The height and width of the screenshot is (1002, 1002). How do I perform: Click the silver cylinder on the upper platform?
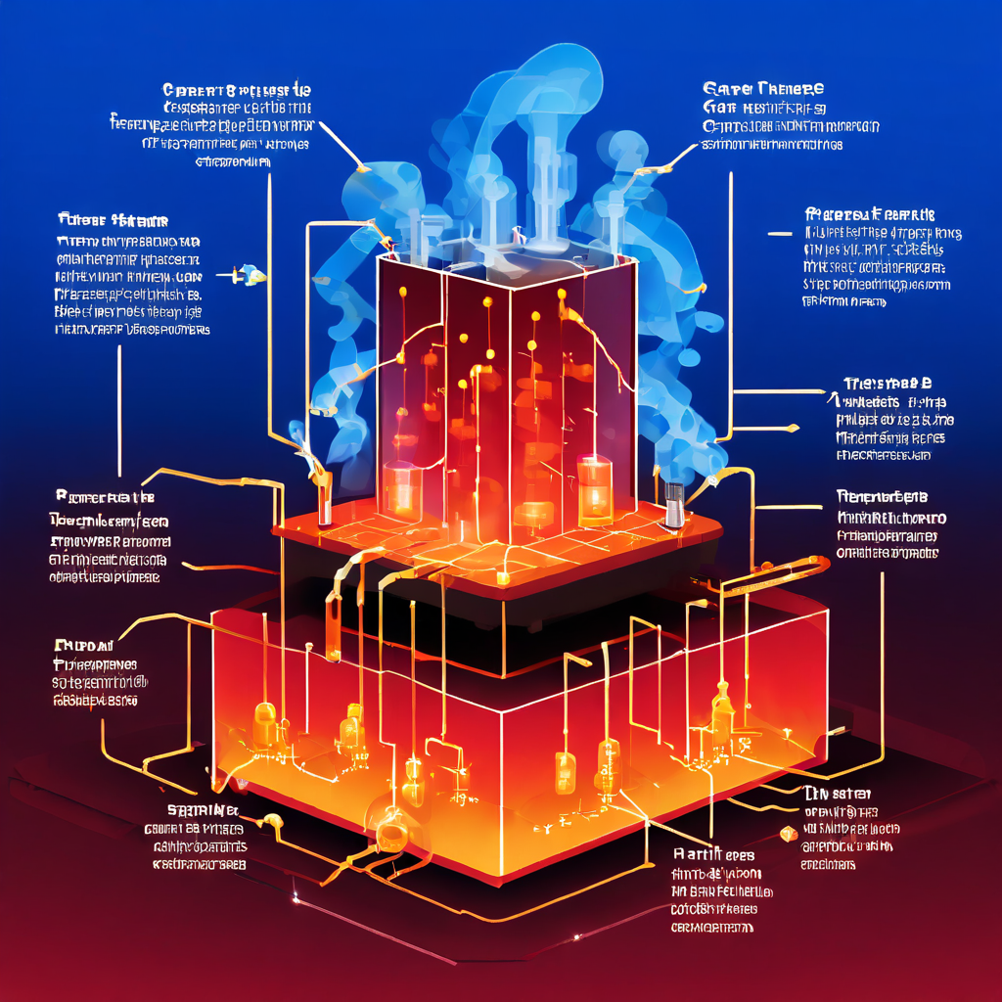tap(674, 501)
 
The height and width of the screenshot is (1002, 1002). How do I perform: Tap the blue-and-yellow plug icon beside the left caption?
tap(251, 275)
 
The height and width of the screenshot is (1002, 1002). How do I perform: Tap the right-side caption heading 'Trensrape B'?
tap(887, 383)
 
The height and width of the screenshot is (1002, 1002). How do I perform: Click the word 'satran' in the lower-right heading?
tap(847, 794)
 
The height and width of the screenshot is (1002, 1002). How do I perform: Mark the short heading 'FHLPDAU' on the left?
tap(83, 646)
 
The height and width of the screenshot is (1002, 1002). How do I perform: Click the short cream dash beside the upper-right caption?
tap(780, 235)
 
